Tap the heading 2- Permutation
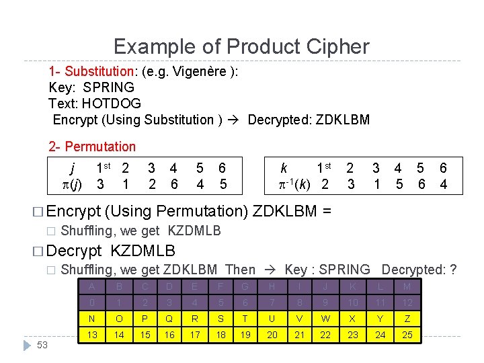[92, 147]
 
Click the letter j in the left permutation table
[72, 168]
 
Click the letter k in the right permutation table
[284, 168]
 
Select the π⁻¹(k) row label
[296, 184]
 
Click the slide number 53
[42, 345]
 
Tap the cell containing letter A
[91, 287]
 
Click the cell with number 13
[91, 335]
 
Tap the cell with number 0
[91, 303]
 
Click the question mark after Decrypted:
[453, 270]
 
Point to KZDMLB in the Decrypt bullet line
[143, 251]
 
